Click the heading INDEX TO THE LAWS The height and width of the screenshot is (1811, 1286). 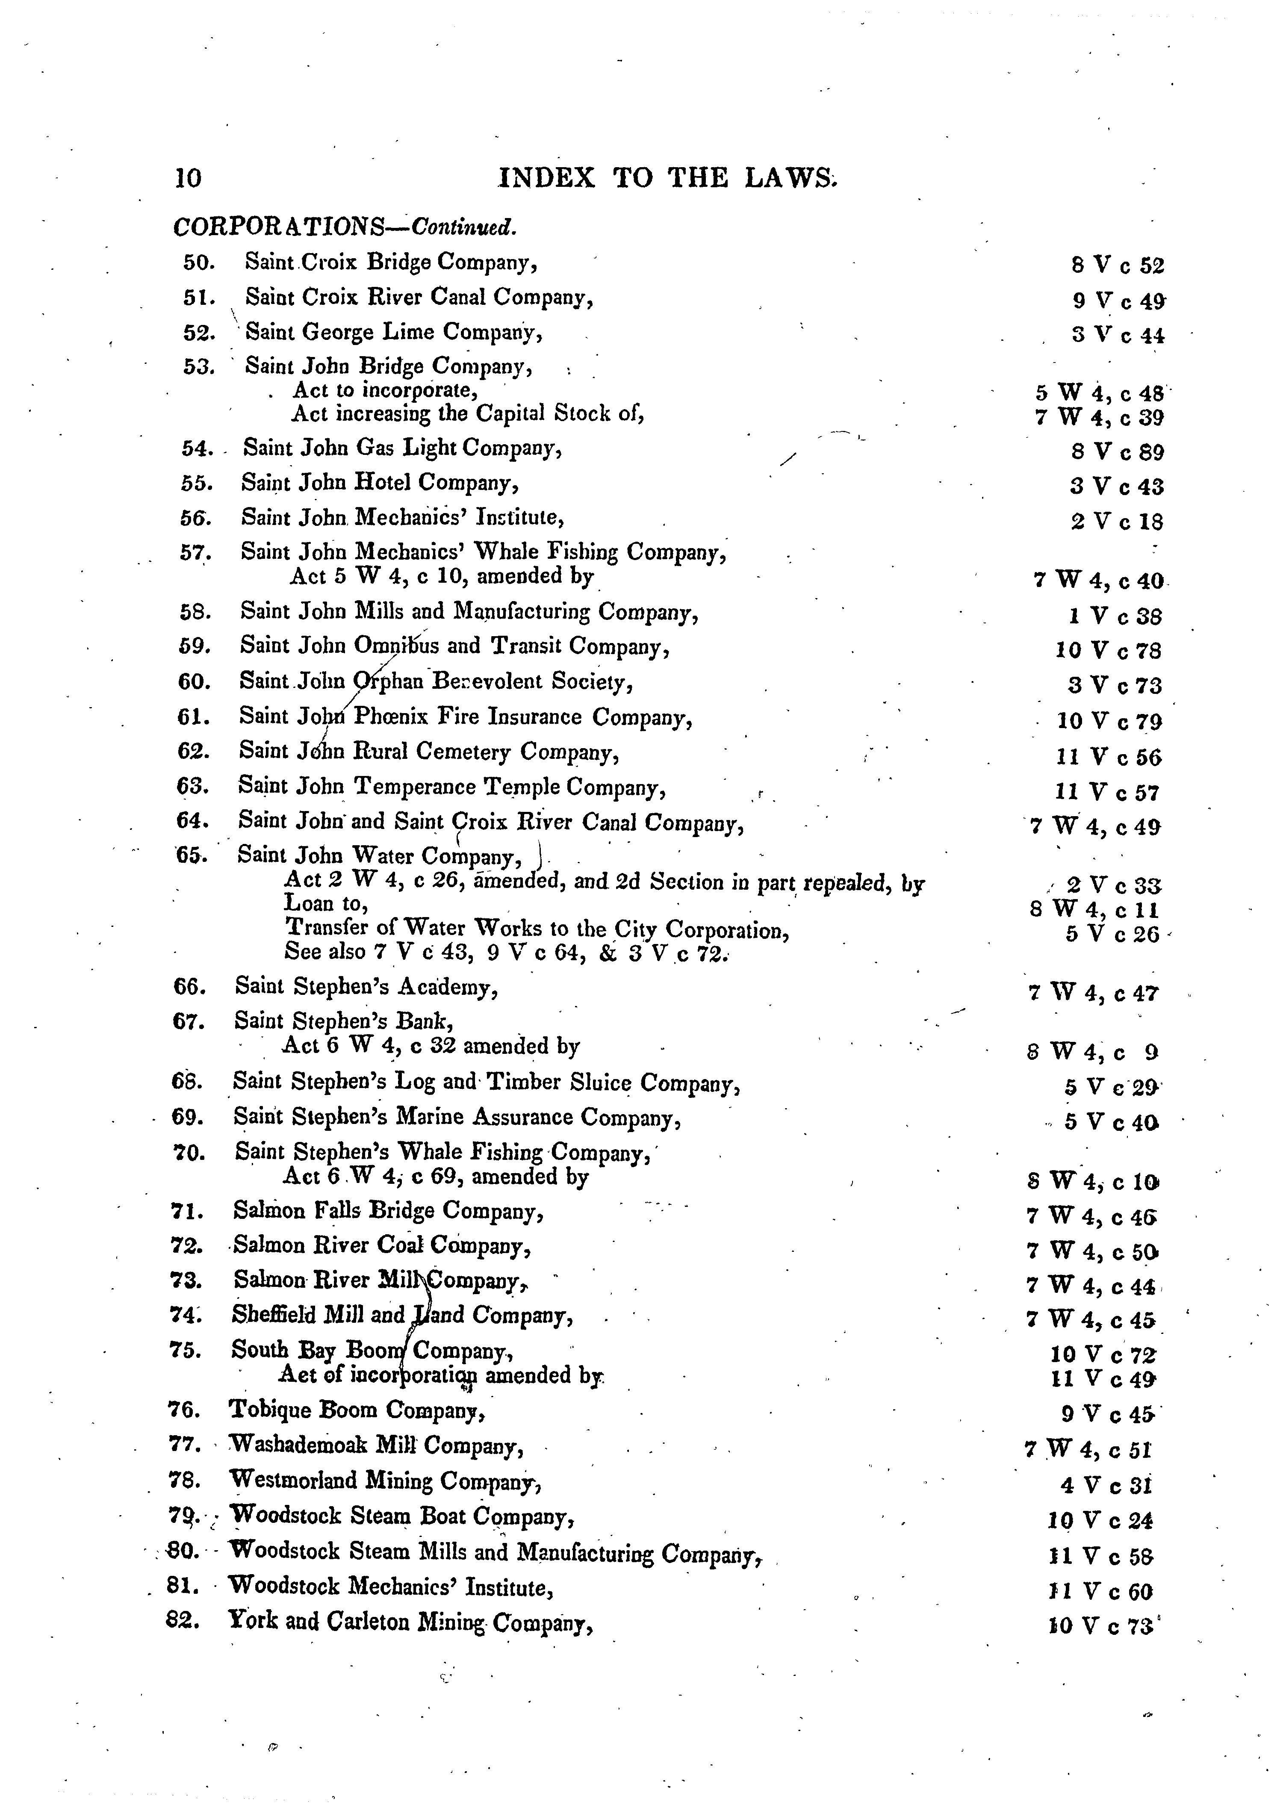(x=667, y=177)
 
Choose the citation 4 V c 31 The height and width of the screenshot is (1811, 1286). (x=1106, y=1486)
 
